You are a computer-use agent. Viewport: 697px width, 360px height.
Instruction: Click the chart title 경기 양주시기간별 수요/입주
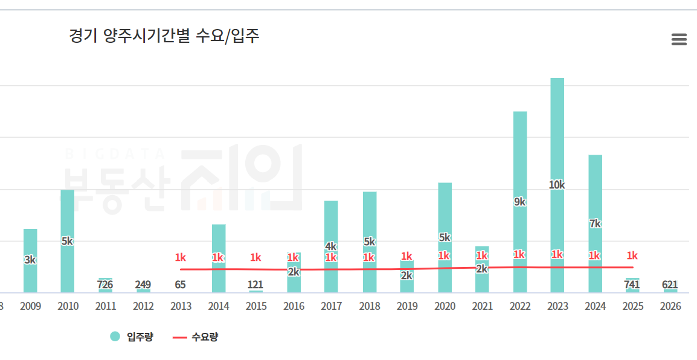pyautogui.click(x=164, y=36)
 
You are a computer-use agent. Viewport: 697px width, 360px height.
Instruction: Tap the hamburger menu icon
pyautogui.click(x=679, y=40)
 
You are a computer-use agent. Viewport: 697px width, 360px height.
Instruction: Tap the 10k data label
pyautogui.click(x=557, y=185)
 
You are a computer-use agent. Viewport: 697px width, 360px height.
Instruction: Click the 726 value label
pyautogui.click(x=105, y=284)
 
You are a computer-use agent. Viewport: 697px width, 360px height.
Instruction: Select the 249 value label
pyautogui.click(x=143, y=284)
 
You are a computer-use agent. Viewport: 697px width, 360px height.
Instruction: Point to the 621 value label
pyautogui.click(x=670, y=284)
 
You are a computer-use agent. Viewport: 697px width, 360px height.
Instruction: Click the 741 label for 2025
pyautogui.click(x=632, y=284)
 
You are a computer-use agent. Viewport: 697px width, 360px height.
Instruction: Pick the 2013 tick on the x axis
pyautogui.click(x=181, y=306)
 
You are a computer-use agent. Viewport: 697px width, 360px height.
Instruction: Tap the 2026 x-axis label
pyautogui.click(x=670, y=306)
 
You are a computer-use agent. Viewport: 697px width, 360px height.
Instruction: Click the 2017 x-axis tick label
pyautogui.click(x=331, y=306)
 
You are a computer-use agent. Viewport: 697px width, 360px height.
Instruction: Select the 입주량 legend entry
pyautogui.click(x=132, y=337)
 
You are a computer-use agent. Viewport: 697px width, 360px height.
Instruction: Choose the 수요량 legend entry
pyautogui.click(x=196, y=337)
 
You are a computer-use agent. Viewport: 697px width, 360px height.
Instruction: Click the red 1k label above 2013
pyautogui.click(x=180, y=258)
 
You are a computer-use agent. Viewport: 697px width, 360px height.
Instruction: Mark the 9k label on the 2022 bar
pyautogui.click(x=519, y=202)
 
